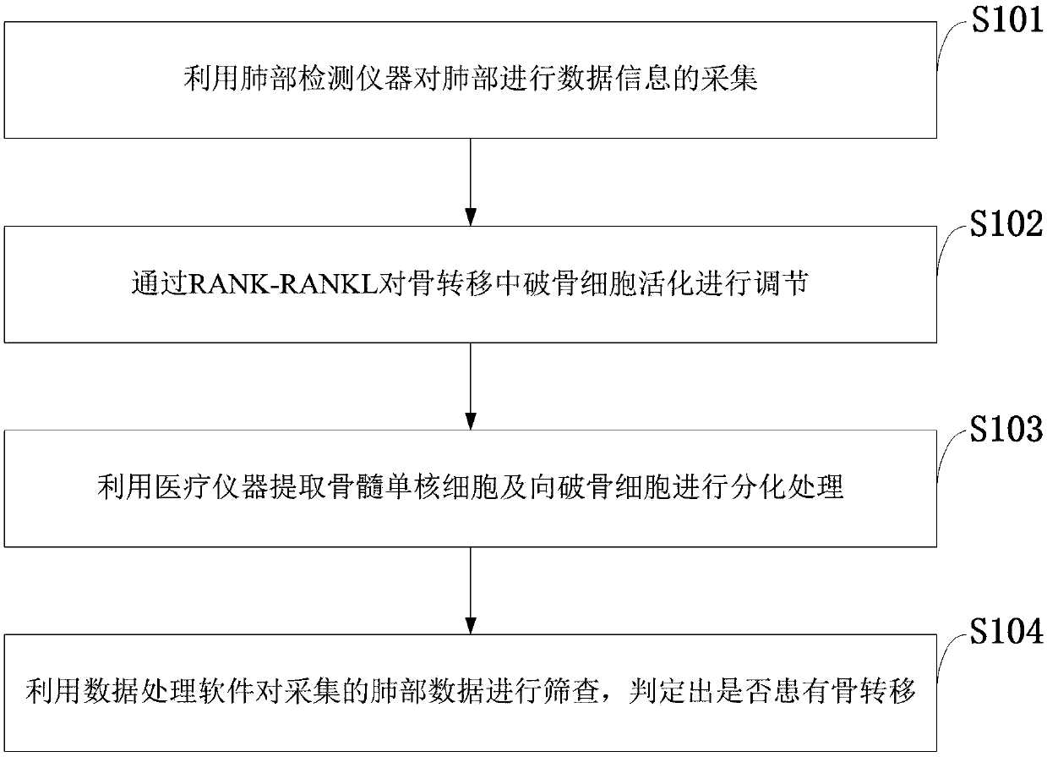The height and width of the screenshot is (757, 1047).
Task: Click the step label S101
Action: click(x=1006, y=19)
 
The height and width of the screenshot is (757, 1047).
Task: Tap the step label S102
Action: click(x=1006, y=225)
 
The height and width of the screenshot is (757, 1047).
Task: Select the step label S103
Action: click(x=1006, y=431)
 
